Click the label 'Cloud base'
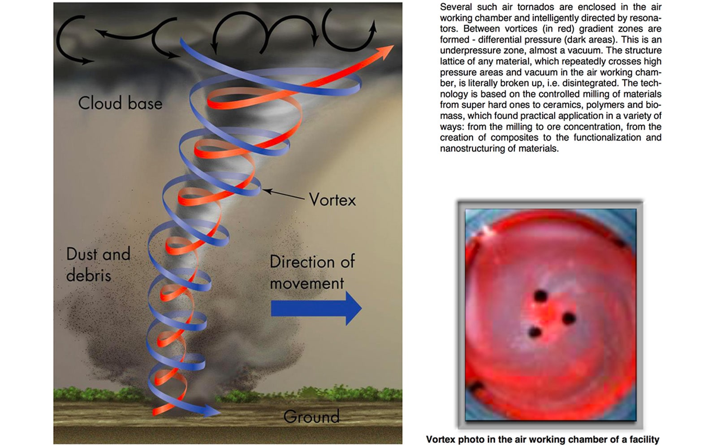point(120,103)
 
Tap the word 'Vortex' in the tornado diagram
point(332,200)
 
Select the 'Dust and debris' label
point(98,264)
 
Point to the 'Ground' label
point(311,417)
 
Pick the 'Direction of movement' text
point(312,272)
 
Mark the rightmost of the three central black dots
point(569,319)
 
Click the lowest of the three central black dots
point(535,332)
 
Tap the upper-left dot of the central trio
point(540,296)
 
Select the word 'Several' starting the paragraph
point(456,7)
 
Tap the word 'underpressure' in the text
point(467,50)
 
